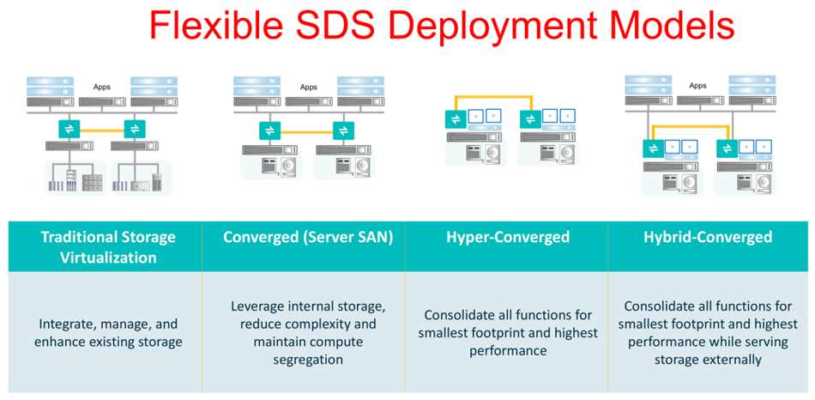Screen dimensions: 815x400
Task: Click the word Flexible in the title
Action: [x=214, y=26]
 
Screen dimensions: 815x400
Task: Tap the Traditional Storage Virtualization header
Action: [x=108, y=247]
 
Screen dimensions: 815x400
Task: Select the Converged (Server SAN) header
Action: [x=308, y=238]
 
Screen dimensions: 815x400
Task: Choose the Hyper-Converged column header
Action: [x=508, y=238]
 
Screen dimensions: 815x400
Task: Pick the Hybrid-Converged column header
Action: [x=708, y=238]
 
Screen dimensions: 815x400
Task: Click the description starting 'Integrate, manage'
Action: [x=108, y=333]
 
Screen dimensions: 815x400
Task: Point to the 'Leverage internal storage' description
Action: [x=308, y=332]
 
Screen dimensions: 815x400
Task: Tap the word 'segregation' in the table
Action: [x=308, y=360]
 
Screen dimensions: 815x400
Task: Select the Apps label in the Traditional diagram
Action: [x=102, y=87]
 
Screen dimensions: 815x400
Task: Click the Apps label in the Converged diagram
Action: [x=308, y=87]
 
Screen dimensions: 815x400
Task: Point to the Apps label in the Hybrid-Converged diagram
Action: [x=698, y=85]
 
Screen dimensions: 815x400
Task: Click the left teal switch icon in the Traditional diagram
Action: [x=69, y=129]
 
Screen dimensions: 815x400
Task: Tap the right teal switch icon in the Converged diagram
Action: [x=343, y=130]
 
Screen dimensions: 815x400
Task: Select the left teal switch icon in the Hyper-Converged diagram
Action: [x=456, y=119]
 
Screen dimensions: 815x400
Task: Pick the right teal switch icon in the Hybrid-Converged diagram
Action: [x=727, y=148]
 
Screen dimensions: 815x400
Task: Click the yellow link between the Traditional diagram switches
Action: [x=102, y=129]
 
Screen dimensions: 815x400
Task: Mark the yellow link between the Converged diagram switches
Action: [x=306, y=131]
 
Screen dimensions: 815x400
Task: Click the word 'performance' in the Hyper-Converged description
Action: [x=508, y=350]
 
